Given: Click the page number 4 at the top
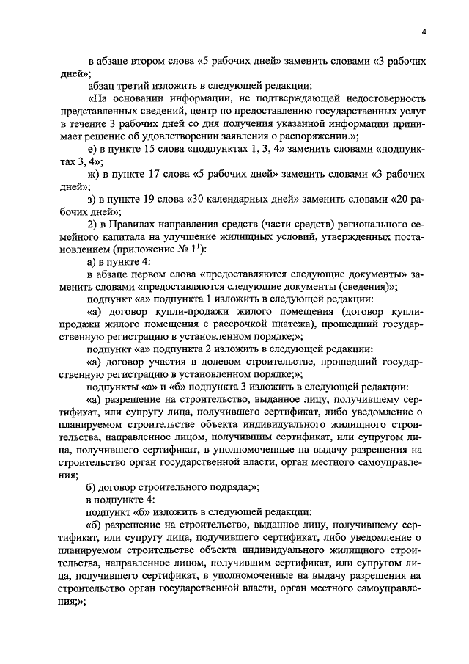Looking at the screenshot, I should click(424, 31).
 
